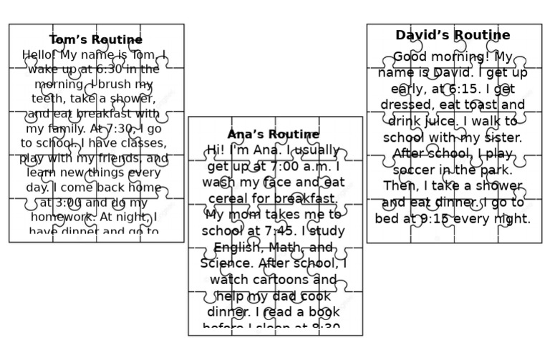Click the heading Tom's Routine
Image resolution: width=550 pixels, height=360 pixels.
(x=96, y=40)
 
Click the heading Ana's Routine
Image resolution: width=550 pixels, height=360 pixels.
(x=274, y=135)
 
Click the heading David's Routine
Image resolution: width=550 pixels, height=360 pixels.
(x=453, y=35)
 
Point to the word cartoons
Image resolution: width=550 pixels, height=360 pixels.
(x=284, y=280)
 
